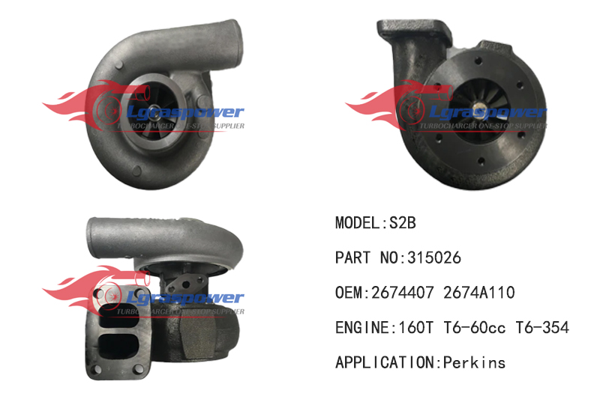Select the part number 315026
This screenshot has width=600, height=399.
pos(433,258)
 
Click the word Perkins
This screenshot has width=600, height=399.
pos(474,363)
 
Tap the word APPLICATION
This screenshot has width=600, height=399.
pos(382,363)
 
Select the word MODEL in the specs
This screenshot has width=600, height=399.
pos(357,223)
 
